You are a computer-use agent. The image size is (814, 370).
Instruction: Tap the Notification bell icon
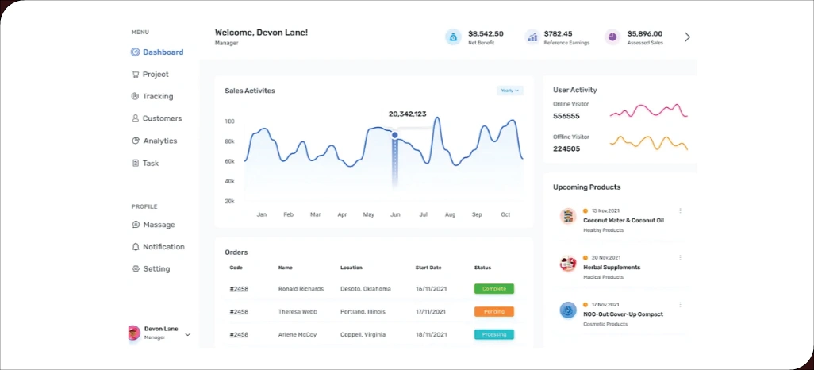[x=136, y=247]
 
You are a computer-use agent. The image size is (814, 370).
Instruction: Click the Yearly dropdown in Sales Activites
[x=510, y=91]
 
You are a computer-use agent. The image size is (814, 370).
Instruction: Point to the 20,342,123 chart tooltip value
[x=407, y=114]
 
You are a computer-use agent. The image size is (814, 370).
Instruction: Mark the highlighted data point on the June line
[x=394, y=135]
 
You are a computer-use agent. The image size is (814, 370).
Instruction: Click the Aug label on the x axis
[x=450, y=214]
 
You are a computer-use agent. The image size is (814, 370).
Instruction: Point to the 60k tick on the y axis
[x=229, y=161]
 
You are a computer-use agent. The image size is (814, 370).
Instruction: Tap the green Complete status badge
[x=493, y=289]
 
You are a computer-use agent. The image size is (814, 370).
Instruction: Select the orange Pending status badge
[x=493, y=312]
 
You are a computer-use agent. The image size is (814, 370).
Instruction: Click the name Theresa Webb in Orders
[x=298, y=312]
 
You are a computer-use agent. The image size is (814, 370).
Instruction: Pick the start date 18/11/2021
[x=431, y=334]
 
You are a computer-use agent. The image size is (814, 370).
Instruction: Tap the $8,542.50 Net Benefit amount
[x=486, y=34]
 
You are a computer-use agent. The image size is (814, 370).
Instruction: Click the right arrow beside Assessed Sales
[x=687, y=37]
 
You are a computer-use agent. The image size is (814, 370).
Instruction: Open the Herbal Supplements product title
[x=611, y=268]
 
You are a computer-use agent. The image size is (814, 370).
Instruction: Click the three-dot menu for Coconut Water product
[x=680, y=211]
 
